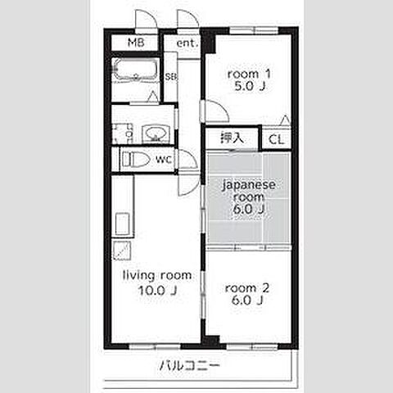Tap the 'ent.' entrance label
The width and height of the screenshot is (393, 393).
186,43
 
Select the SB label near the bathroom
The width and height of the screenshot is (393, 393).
170,77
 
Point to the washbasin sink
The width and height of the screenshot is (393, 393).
154,133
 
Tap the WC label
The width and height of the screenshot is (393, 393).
164,160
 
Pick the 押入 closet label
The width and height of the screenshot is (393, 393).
232,138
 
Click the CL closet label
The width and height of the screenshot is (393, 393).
277,139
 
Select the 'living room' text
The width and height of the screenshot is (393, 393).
157,274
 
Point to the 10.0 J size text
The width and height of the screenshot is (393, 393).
157,289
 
